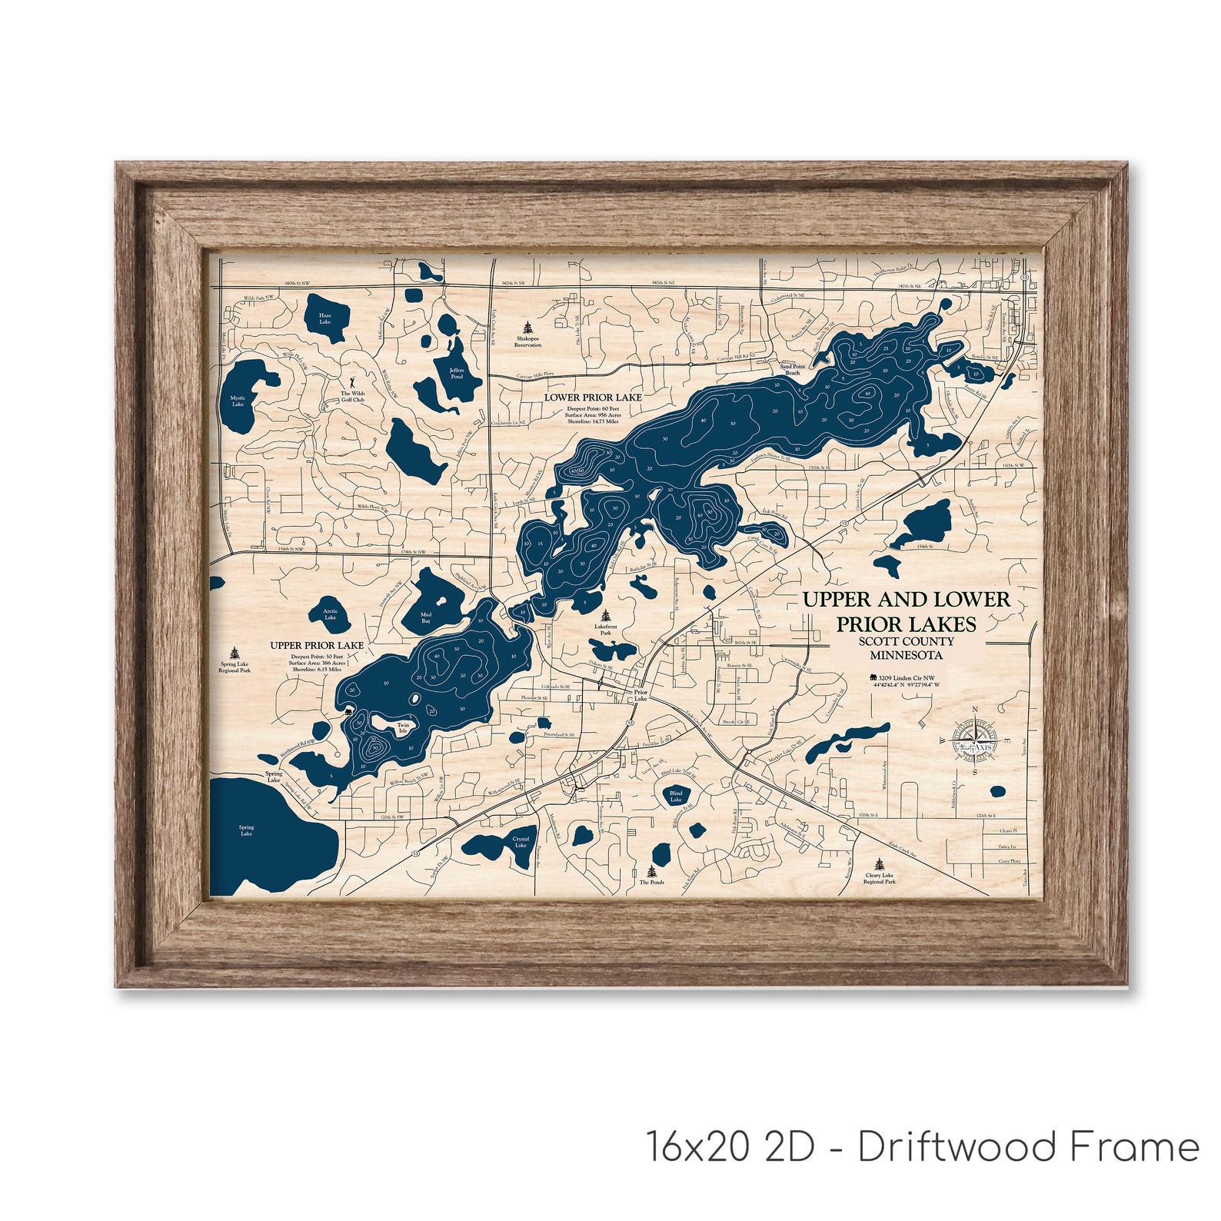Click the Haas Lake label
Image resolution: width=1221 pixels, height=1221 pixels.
click(x=325, y=318)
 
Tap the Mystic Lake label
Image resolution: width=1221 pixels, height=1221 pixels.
click(x=238, y=401)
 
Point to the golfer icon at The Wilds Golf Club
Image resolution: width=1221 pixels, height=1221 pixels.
click(x=353, y=381)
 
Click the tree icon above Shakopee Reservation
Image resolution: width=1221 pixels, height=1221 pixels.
click(x=527, y=327)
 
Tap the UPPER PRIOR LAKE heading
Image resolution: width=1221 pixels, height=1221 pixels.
click(x=317, y=645)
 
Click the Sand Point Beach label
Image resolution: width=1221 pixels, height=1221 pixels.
click(x=792, y=370)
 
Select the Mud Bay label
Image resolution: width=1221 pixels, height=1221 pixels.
click(x=426, y=617)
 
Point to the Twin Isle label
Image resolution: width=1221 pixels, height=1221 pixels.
click(x=403, y=727)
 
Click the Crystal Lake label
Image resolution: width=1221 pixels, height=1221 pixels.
click(x=521, y=842)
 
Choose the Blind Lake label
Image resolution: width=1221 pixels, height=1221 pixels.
click(x=676, y=797)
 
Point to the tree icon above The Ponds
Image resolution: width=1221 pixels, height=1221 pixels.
click(x=652, y=871)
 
